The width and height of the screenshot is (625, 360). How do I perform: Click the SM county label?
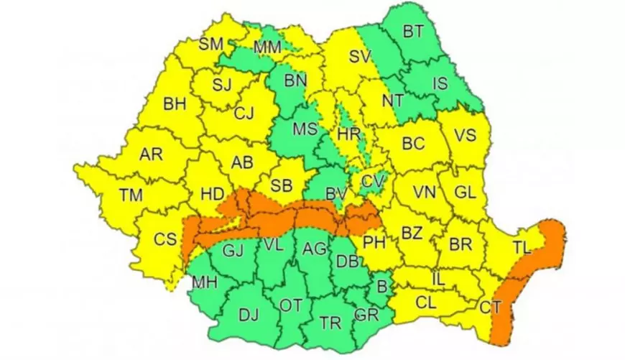point(211,44)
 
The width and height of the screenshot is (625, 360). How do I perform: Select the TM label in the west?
point(131,195)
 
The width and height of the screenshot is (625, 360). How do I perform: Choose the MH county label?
point(203,282)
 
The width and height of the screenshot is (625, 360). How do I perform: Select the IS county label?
point(440,85)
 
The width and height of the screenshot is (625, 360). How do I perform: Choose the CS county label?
point(166,240)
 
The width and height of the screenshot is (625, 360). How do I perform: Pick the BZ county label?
point(411,233)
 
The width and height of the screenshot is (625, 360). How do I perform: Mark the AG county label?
point(315,249)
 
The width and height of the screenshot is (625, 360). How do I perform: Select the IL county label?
point(439,277)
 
